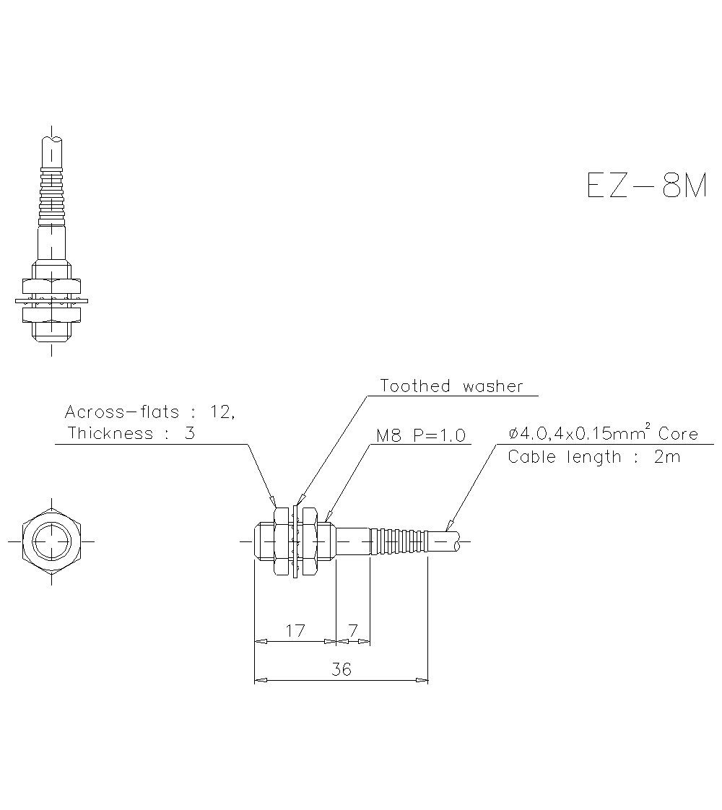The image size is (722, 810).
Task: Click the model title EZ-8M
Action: pyautogui.click(x=646, y=186)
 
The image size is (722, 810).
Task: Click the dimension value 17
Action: pyautogui.click(x=295, y=630)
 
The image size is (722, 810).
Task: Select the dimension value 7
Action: pyautogui.click(x=353, y=630)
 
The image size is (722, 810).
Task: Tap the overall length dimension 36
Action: pyautogui.click(x=341, y=669)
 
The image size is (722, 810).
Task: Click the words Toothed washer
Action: pyautogui.click(x=451, y=386)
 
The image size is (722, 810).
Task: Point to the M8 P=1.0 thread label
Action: pyautogui.click(x=420, y=435)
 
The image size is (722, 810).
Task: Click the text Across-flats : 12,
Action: pyautogui.click(x=149, y=412)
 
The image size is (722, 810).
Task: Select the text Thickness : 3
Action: pyautogui.click(x=131, y=433)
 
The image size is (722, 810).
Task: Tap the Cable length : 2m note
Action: pyautogui.click(x=593, y=457)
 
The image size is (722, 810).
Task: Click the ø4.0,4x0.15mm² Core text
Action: pyautogui.click(x=603, y=434)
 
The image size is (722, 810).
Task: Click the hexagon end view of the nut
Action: pyautogui.click(x=52, y=541)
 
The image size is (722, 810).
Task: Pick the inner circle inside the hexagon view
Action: pyautogui.click(x=52, y=541)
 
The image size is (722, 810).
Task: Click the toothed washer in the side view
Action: pyautogui.click(x=296, y=540)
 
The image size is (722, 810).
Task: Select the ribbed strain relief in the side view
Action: pyautogui.click(x=399, y=541)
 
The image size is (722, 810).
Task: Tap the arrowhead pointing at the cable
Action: pyautogui.click(x=450, y=526)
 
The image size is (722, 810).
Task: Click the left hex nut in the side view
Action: pyautogui.click(x=282, y=540)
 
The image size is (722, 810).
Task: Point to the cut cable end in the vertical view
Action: pyautogui.click(x=52, y=139)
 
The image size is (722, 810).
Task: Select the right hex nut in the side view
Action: pyautogui.click(x=310, y=540)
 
